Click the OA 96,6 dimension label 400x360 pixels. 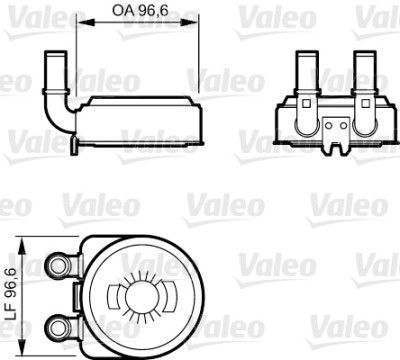click(140, 10)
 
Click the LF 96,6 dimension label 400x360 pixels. click(11, 296)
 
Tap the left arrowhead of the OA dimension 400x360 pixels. click(86, 22)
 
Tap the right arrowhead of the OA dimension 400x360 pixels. click(190, 22)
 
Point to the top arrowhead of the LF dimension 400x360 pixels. click(22, 246)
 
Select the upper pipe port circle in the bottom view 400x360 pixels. click(58, 265)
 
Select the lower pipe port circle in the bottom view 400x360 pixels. click(58, 326)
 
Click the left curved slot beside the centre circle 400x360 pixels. click(113, 296)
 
